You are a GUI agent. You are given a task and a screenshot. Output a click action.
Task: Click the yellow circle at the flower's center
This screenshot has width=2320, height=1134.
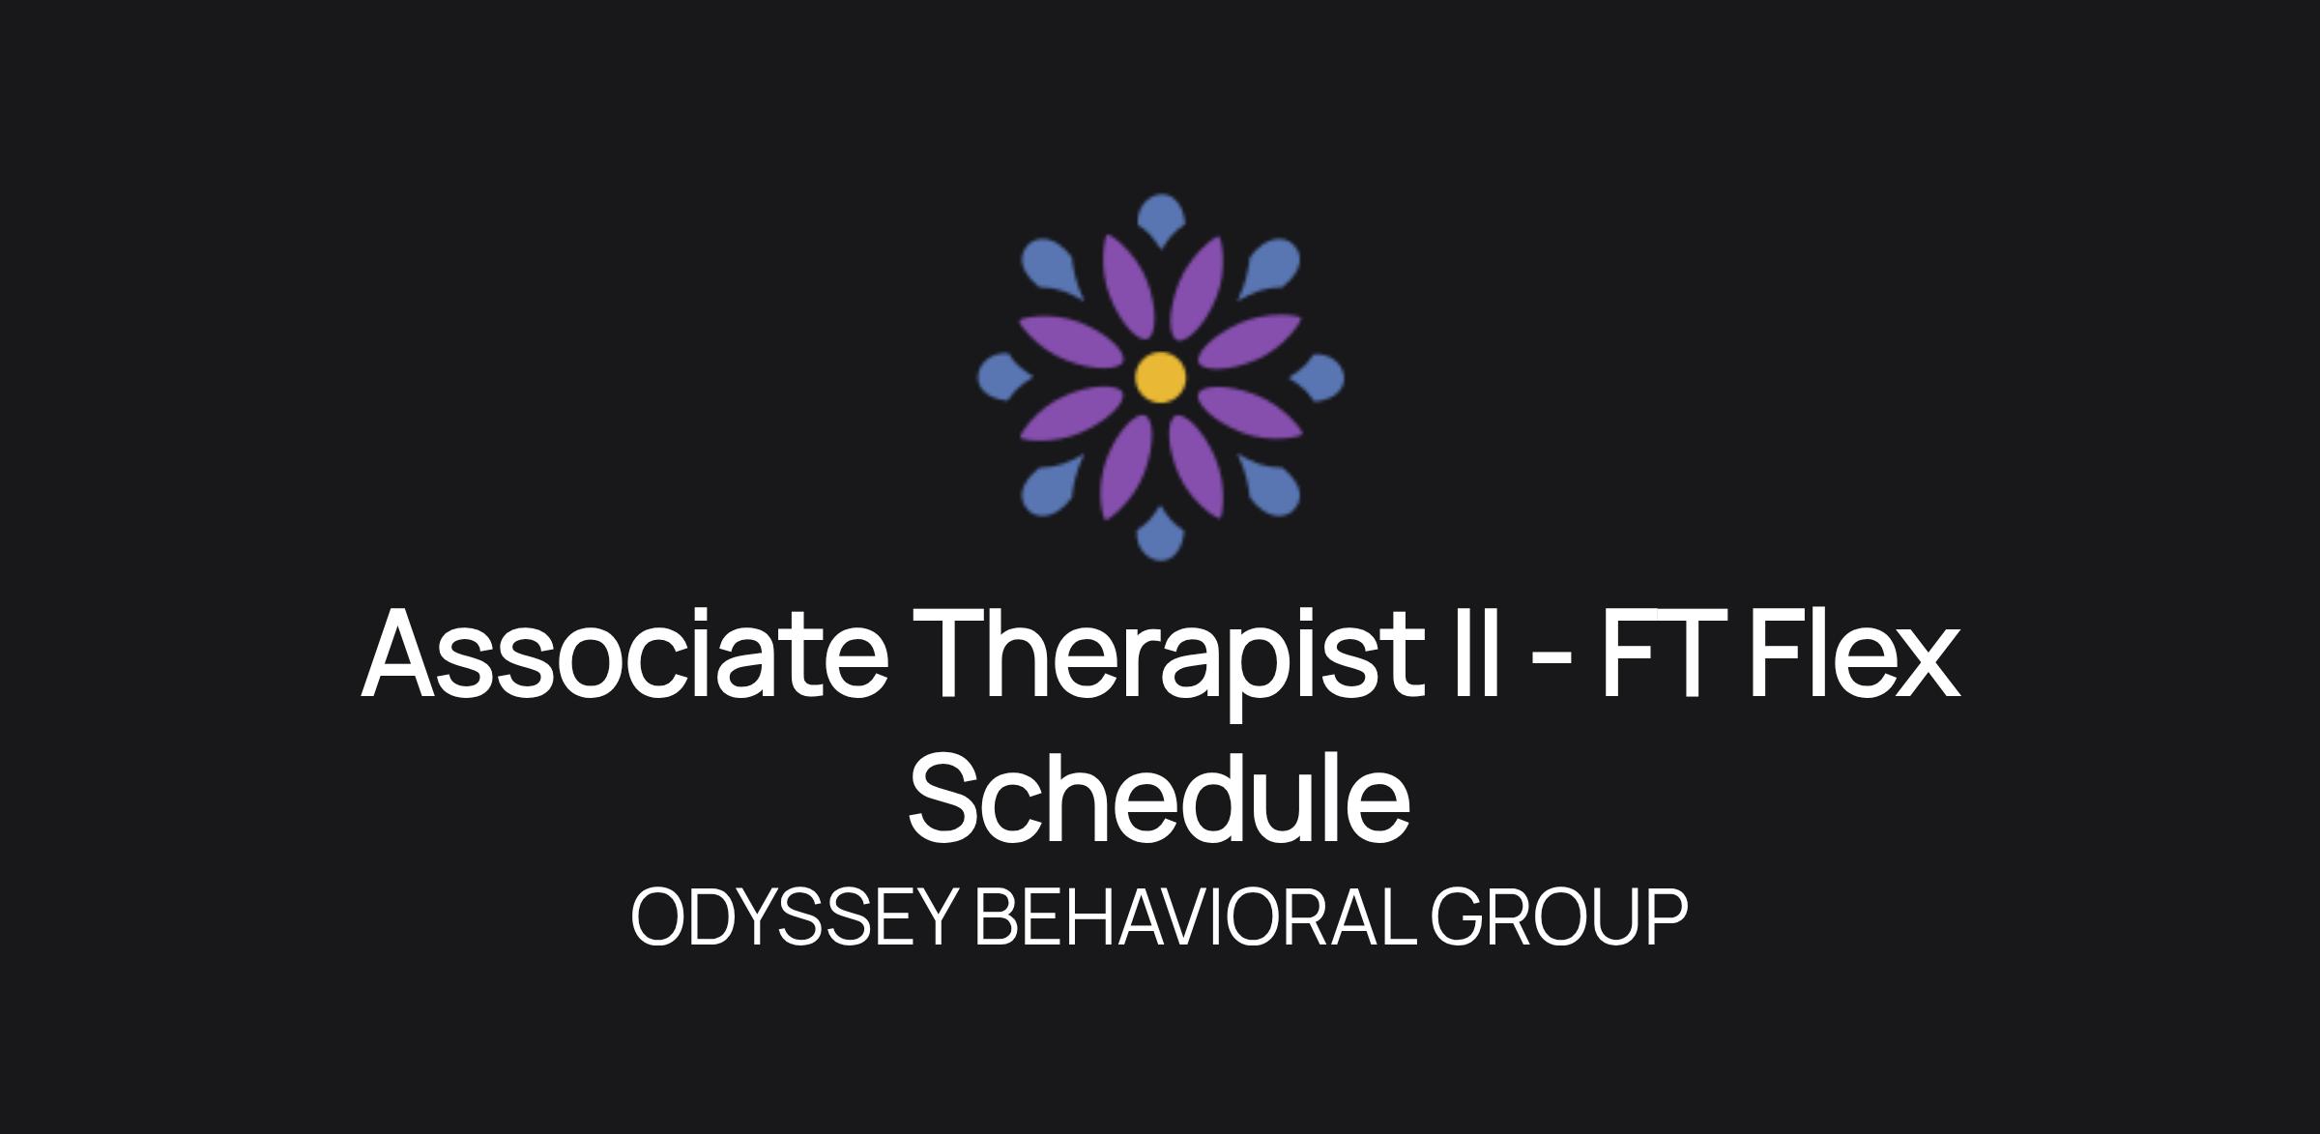point(1160,377)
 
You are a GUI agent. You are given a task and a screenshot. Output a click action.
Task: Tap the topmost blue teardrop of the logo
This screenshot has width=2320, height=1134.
point(1161,219)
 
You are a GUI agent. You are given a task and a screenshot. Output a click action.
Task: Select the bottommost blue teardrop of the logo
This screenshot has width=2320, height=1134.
point(1160,535)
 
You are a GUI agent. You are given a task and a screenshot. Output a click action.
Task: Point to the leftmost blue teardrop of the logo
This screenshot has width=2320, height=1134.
point(1003,377)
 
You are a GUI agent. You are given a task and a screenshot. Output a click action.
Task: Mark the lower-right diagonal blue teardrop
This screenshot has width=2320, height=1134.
point(1270,486)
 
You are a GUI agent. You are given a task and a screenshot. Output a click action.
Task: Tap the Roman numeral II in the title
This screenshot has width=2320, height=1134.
point(1476,653)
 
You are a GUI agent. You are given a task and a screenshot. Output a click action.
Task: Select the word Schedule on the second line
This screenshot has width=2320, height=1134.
point(1159,799)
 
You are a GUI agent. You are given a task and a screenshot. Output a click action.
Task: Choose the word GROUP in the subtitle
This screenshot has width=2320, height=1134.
point(1558,916)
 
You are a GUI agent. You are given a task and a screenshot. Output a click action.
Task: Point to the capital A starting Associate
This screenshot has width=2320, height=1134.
point(401,653)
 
